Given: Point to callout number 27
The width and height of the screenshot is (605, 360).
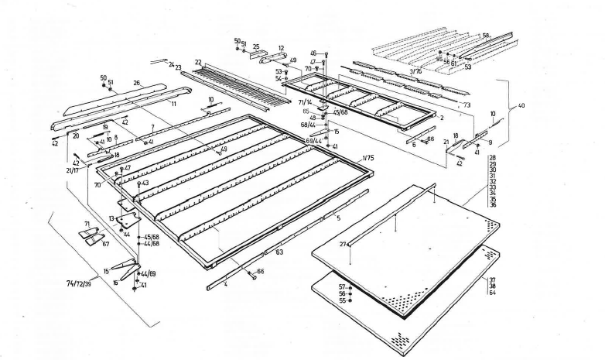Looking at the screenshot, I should (342, 244).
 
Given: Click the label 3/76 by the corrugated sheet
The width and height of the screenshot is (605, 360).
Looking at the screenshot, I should (415, 70).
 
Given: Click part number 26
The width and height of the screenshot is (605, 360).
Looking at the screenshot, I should (137, 83).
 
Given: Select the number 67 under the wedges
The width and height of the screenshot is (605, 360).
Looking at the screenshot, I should (106, 243).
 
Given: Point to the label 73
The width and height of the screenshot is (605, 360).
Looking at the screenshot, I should (467, 105).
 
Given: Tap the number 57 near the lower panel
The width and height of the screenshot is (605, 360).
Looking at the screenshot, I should (341, 286).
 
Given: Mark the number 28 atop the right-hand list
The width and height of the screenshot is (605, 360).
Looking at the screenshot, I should (493, 158).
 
